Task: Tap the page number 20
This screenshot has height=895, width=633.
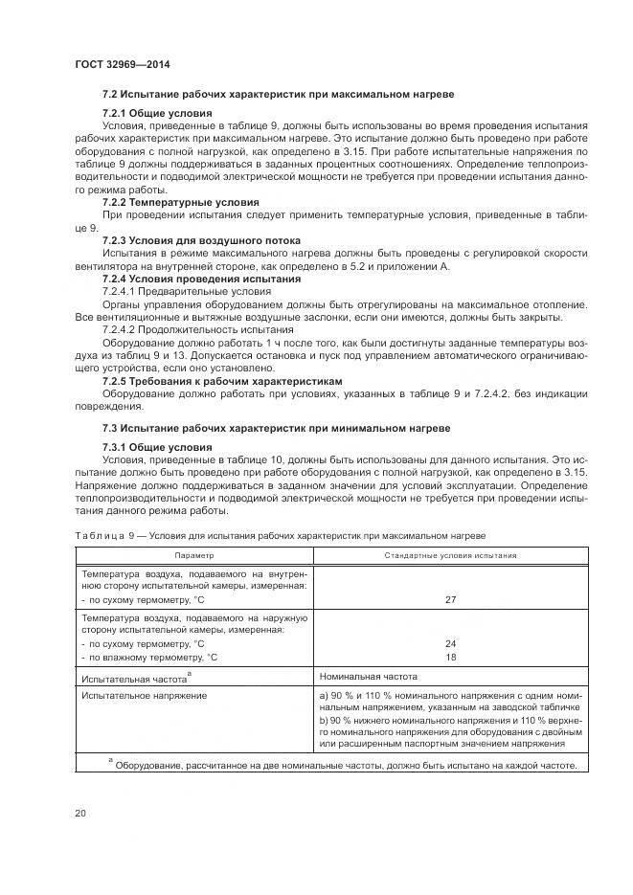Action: [x=81, y=814]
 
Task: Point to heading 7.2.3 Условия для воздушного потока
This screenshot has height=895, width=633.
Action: [x=201, y=239]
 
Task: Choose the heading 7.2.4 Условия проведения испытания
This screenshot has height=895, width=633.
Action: [x=201, y=279]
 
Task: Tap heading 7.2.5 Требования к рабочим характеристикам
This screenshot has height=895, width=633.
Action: [x=221, y=380]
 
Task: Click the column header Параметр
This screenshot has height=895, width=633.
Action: [x=194, y=555]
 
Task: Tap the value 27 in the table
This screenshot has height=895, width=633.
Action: [x=450, y=599]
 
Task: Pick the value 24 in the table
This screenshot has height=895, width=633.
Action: [x=450, y=644]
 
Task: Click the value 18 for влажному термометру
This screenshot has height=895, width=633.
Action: [x=450, y=658]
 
